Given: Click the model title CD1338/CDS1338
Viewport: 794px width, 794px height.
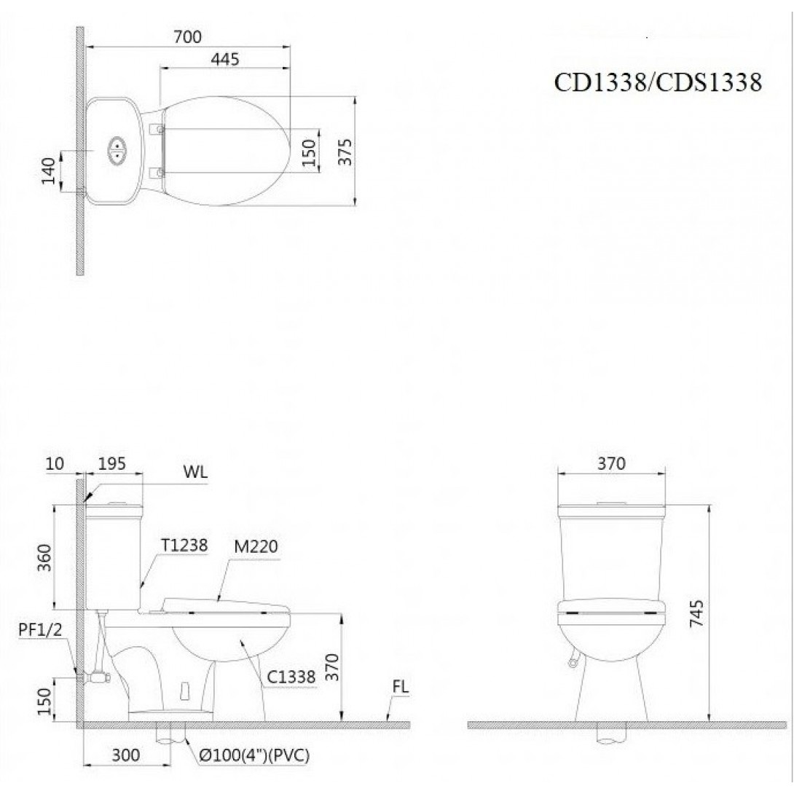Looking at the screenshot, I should coord(658,82).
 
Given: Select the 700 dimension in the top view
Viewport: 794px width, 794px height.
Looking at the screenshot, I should coord(187,36).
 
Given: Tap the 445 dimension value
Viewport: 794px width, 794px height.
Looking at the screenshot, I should coord(224,60).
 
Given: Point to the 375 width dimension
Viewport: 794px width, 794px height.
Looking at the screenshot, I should coord(345,152).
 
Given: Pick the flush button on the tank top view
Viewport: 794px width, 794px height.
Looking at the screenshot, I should coord(117,150).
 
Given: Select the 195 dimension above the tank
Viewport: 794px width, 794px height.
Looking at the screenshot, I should coord(112,463).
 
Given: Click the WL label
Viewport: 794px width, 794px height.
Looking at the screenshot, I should coord(196,471).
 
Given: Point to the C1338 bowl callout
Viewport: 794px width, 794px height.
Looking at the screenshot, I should coord(290,677).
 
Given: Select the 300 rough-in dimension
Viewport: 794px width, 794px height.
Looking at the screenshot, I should coord(126,755).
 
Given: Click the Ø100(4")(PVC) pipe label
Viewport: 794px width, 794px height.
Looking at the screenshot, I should coord(254,755).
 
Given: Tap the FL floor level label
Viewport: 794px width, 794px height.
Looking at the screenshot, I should coord(399,686).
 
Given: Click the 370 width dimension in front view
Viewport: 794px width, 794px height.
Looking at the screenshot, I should coord(610,463).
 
